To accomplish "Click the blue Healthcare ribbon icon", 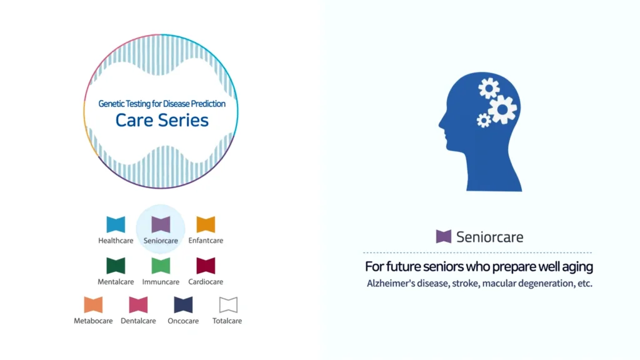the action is pos(116,224).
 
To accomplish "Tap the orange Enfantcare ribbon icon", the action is pos(206,224).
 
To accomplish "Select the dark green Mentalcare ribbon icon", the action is pos(116,266).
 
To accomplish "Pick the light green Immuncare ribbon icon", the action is pos(161,266).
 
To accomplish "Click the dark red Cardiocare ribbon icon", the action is pos(206,266).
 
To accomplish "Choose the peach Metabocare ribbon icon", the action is pos(93,305).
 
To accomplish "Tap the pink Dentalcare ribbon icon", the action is pos(138,305).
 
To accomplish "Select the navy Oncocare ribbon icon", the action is pos(183,305).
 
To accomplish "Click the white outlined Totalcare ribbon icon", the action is pos(228,305).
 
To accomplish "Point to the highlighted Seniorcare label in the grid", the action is pos(161,241).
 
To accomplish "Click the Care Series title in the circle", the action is pos(162,120).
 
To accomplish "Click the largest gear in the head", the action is pos(502,109).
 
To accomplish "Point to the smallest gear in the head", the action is pos(484,121).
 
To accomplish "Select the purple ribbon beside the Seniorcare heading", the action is pos(444,236).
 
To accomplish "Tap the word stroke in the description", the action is pos(465,283).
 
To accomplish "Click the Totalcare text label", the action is pos(227,321).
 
